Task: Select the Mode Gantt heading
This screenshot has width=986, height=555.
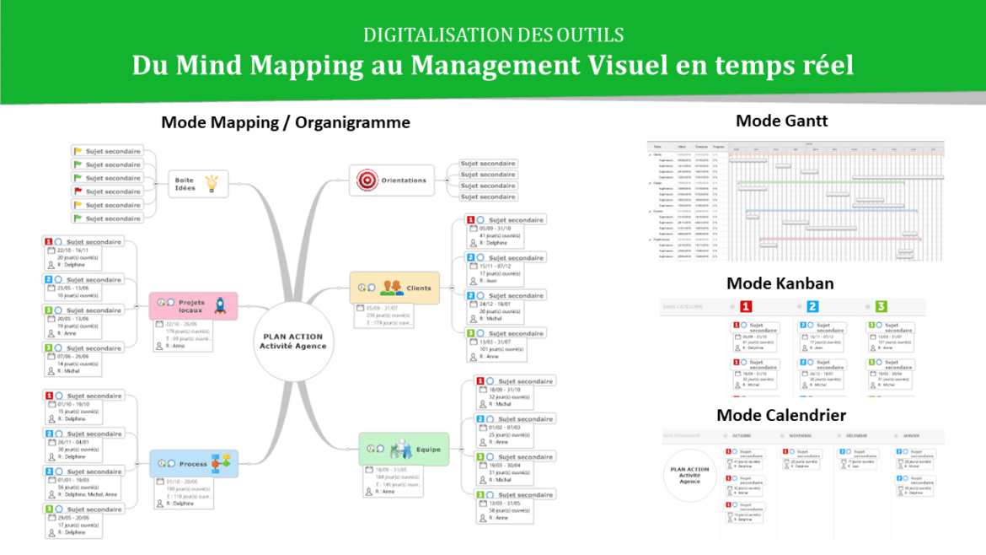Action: coord(781,121)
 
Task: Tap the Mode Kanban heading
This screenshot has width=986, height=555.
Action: coord(780,283)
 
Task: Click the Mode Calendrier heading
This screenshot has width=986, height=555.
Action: coord(780,415)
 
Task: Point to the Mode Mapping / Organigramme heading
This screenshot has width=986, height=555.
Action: coord(285,122)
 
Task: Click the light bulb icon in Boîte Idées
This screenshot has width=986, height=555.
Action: coord(212,182)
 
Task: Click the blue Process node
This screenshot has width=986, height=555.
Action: coord(194,463)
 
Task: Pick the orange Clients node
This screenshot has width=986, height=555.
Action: coord(395,288)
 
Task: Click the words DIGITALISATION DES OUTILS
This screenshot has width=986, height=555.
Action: coord(493,35)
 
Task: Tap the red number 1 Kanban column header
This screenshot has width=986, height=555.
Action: coord(746,306)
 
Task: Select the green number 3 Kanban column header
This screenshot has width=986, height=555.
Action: coord(881,306)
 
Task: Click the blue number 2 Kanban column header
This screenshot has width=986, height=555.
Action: coord(812,306)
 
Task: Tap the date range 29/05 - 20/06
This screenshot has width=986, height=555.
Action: coord(73,517)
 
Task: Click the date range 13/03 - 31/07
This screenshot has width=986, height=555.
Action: coord(499,341)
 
